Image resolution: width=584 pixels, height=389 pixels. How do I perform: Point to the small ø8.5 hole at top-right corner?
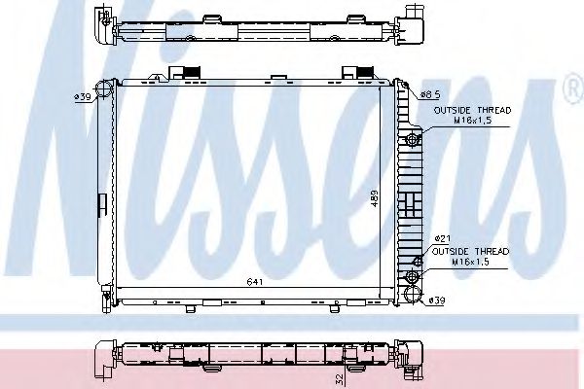[x=410, y=89]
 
